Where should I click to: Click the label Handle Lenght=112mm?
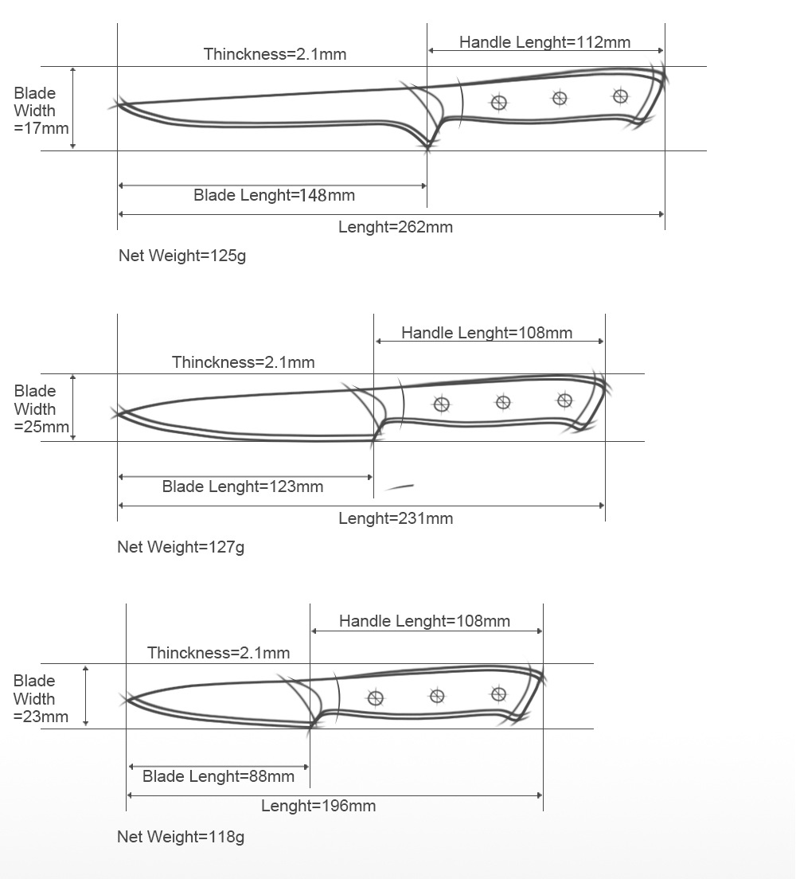coord(544,42)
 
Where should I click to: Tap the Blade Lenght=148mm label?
coord(274,195)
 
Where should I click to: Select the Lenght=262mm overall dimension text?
coord(396,227)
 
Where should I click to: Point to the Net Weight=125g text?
coord(182,256)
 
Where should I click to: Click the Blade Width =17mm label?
coord(41,111)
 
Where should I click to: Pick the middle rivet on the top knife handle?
coord(560,98)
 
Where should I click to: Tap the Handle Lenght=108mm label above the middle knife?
coord(486,333)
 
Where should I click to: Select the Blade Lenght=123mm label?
coord(243,486)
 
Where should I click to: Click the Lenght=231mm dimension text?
coord(396,518)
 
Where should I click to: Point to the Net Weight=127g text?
coord(181,547)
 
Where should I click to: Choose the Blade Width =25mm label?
coord(41,408)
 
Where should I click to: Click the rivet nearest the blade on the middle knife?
coord(442,404)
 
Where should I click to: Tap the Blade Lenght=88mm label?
coord(218,776)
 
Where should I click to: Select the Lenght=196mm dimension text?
coord(318,806)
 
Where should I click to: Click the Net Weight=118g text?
coord(181,837)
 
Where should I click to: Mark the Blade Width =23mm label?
coord(41,698)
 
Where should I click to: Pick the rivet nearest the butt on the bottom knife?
coord(498,694)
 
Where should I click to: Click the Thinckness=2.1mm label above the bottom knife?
coord(218,653)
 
